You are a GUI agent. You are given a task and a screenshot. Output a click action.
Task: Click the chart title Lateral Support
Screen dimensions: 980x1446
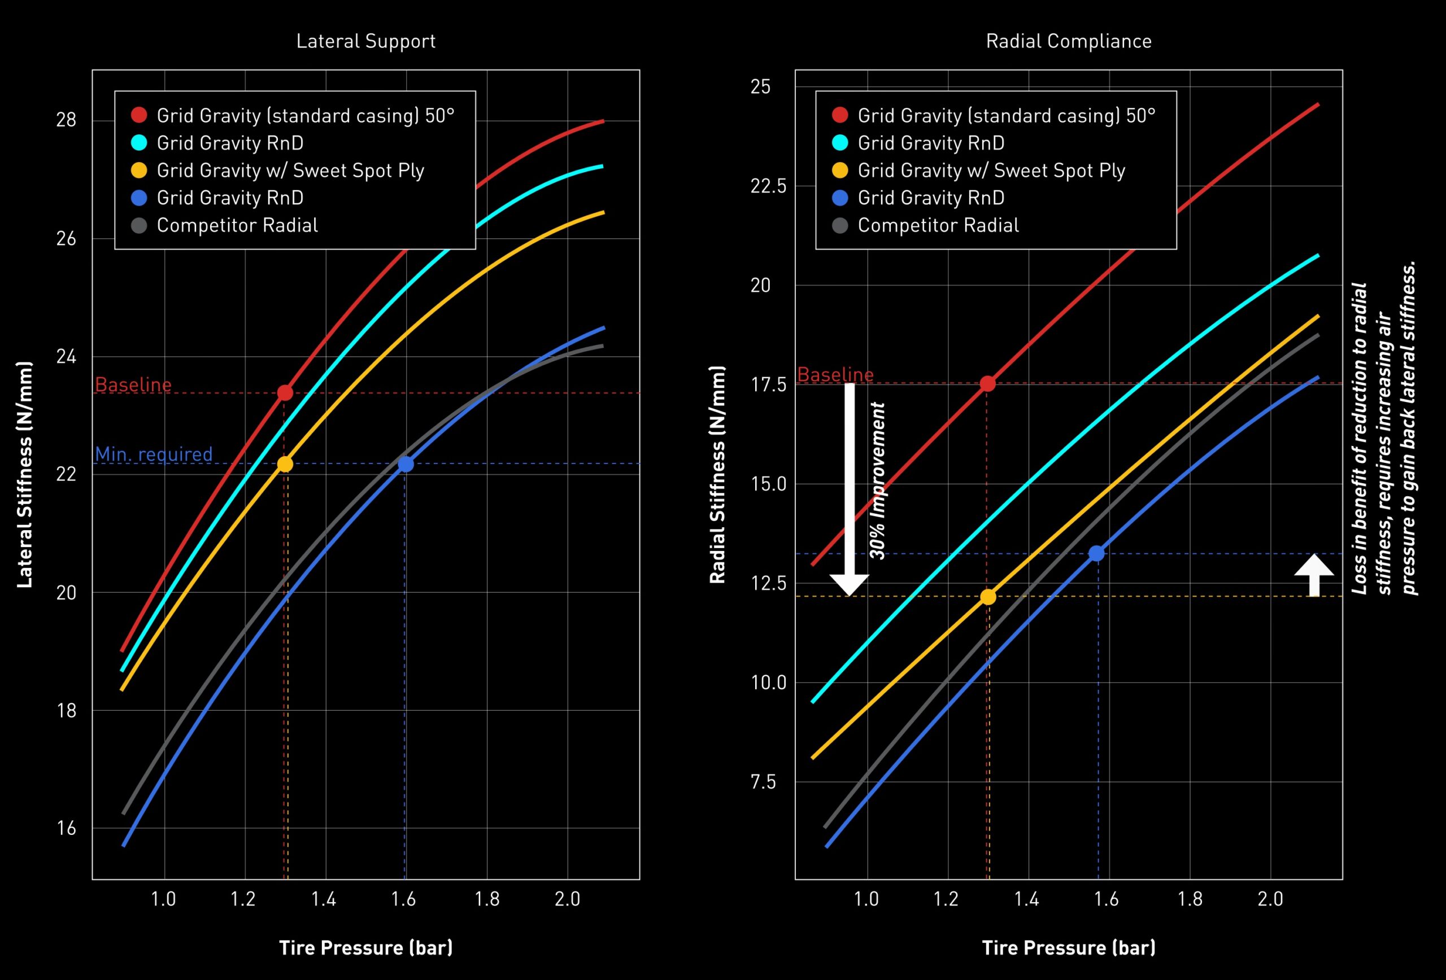coord(366,41)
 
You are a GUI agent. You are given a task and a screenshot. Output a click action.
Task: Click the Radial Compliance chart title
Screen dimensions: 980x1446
coord(1068,41)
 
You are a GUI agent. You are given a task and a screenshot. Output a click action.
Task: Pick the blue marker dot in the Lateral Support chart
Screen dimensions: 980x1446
coord(406,464)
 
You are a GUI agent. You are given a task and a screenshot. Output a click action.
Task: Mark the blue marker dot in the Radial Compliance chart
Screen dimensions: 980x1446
coord(1096,553)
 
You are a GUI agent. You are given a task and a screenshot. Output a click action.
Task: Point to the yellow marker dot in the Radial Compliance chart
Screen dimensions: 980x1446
coord(988,597)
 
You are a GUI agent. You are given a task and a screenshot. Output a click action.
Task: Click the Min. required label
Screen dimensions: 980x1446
coord(154,454)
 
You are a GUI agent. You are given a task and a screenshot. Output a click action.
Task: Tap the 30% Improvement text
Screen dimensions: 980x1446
coord(877,480)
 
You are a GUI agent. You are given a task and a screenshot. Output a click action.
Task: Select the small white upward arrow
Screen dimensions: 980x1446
coord(1314,575)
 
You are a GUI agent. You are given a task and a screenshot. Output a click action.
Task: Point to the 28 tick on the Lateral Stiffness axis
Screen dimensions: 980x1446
coord(67,120)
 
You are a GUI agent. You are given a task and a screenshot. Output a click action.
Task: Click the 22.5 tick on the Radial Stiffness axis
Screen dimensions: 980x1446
coord(768,186)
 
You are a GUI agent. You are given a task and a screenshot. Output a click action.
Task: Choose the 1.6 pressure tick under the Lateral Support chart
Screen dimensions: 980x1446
coord(404,899)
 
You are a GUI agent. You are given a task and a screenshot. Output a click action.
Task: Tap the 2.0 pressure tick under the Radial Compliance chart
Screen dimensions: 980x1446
coord(1270,899)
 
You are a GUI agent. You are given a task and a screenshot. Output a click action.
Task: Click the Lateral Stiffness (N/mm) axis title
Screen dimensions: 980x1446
coord(24,474)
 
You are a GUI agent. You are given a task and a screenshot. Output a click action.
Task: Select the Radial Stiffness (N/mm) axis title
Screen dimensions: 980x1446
coord(717,474)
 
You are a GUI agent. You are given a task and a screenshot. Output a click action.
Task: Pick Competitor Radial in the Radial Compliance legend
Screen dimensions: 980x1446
coord(938,225)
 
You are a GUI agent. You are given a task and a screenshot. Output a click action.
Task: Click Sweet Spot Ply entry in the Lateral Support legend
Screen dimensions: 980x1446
coord(290,170)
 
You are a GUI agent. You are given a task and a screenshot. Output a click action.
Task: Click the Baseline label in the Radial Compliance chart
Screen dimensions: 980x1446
coord(835,374)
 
